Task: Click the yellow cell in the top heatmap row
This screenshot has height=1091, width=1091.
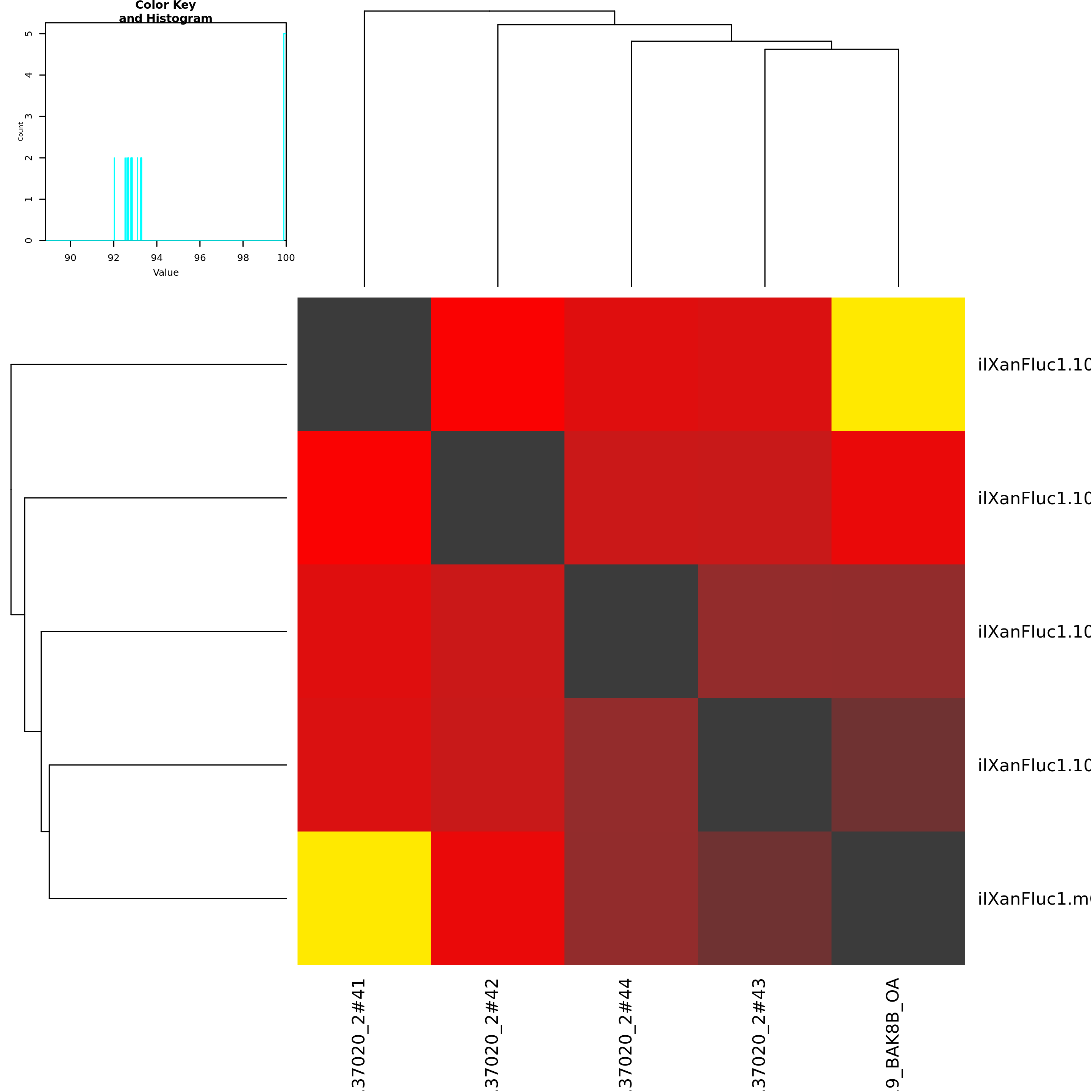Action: click(898, 364)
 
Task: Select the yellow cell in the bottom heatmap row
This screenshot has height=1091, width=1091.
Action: click(364, 898)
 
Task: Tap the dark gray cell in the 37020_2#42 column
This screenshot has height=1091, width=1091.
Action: click(497, 497)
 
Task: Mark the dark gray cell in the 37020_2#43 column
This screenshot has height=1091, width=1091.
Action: click(764, 764)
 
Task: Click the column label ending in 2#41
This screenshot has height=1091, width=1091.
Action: click(359, 1033)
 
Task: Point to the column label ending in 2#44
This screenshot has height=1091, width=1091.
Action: click(626, 1033)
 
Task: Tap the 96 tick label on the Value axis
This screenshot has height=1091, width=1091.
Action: click(200, 258)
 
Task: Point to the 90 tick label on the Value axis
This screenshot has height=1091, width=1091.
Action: click(70, 258)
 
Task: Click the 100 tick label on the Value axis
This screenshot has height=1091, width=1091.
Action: click(286, 258)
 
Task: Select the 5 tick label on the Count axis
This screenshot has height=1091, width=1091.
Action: click(29, 34)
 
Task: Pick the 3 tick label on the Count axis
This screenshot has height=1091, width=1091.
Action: click(29, 116)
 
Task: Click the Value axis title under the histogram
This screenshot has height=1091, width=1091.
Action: click(166, 273)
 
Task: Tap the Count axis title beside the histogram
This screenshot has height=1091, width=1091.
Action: click(21, 131)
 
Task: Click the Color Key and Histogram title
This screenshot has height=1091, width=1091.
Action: click(166, 12)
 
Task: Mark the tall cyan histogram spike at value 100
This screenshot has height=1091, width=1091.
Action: click(284, 136)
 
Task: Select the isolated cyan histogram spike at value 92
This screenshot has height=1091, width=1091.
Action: click(114, 198)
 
